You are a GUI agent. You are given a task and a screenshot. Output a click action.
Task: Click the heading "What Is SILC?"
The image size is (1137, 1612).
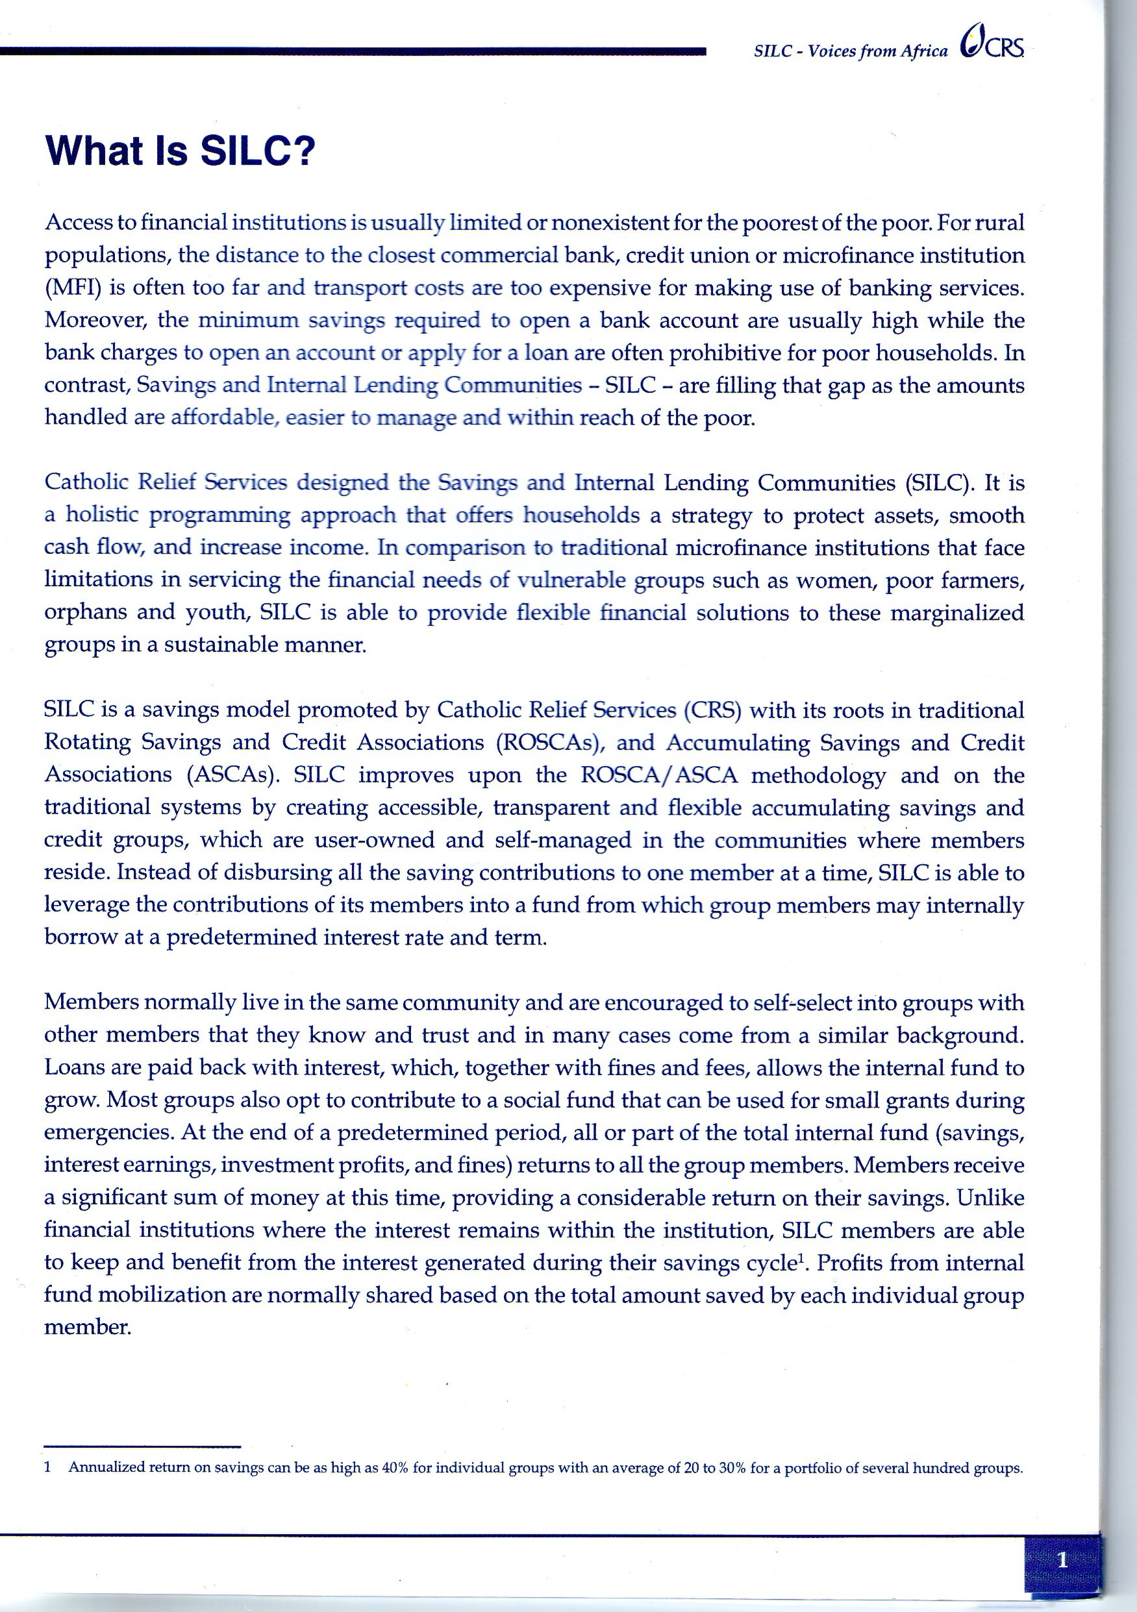[181, 150]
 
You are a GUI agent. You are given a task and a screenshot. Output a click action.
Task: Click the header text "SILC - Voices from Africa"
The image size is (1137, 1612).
[851, 51]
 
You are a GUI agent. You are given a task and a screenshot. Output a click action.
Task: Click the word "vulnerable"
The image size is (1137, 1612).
[571, 580]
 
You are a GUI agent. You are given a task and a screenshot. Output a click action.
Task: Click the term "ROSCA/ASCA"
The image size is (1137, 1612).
[660, 775]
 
